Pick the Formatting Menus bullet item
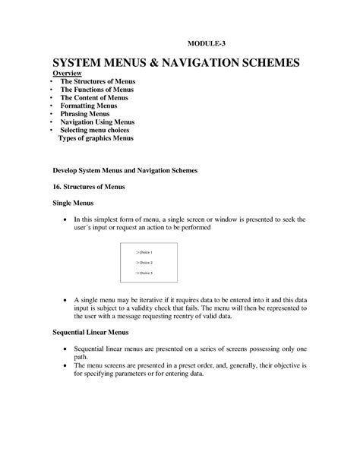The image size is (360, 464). [x=90, y=106]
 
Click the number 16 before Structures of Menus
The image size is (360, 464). [x=55, y=187]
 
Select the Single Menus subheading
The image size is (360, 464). [x=72, y=204]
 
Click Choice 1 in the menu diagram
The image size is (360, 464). [x=144, y=252]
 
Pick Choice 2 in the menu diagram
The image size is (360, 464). [x=144, y=262]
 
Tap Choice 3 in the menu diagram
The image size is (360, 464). [x=144, y=272]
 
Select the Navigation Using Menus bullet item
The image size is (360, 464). [x=97, y=122]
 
